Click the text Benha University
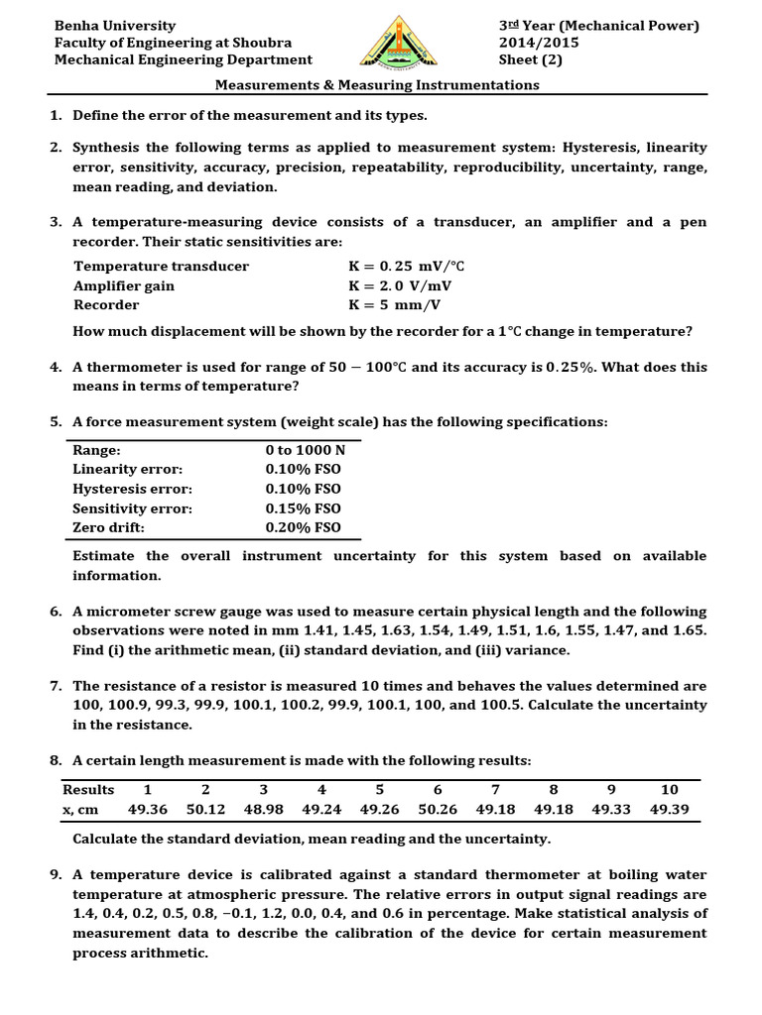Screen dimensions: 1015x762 115,26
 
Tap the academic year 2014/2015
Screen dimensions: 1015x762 539,43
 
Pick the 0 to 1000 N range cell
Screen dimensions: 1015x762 305,450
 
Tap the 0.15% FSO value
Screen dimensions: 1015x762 303,508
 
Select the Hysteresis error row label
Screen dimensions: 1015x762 133,489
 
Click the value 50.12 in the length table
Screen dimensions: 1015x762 205,809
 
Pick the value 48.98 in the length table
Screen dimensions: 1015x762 264,809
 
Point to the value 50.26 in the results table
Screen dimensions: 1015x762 438,809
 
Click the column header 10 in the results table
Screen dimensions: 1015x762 670,789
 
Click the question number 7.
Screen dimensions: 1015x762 57,686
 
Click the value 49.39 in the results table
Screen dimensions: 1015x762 670,809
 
